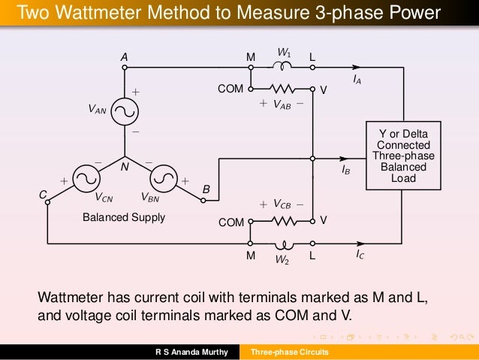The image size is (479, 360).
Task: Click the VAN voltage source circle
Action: coord(125,110)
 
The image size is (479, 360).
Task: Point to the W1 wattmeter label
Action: coord(284,53)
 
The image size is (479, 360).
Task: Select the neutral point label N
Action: coord(125,169)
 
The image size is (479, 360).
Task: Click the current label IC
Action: coord(360,256)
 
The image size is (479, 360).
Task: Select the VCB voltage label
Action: coord(282,204)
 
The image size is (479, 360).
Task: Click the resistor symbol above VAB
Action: coord(283,88)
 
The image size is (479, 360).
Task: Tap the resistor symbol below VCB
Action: coord(283,222)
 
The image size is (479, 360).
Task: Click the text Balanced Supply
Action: coord(122,218)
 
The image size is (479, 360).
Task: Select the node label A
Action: coord(125,57)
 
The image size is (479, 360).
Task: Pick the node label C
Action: coord(43,195)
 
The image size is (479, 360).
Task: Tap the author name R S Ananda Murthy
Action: coord(191,352)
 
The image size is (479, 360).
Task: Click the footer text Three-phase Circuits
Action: coord(289,352)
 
